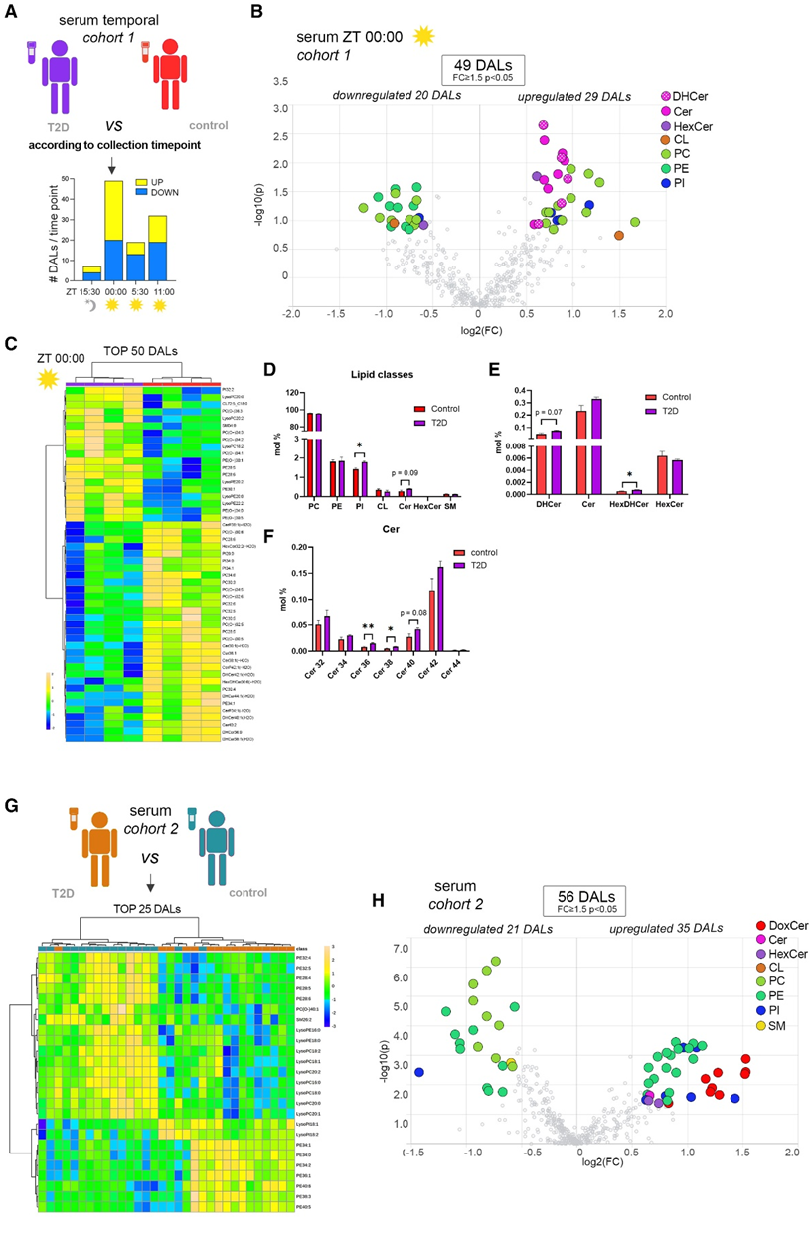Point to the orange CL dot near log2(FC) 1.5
619,236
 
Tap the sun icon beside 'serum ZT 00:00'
424,37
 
